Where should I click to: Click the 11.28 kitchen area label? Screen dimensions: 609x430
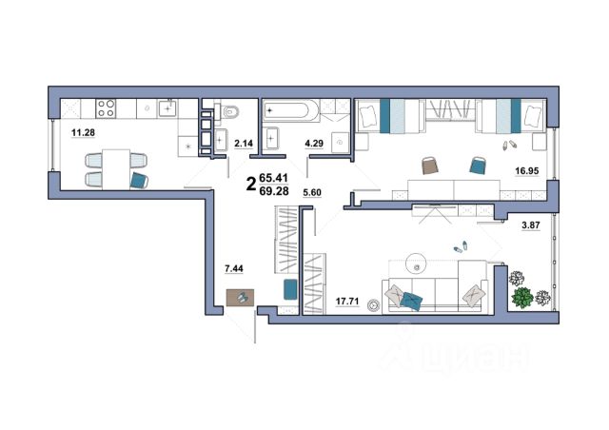pos(83,133)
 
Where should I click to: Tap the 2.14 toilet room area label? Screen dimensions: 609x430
pos(244,144)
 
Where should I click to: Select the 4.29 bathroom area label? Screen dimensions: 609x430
pos(314,144)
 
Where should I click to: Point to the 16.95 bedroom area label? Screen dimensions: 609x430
pos(526,170)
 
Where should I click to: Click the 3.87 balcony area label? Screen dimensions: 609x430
pos(531,225)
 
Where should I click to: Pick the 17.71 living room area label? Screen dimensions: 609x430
pos(347,301)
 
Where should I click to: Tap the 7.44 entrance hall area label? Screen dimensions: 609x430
pos(234,268)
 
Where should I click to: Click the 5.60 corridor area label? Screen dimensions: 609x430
pos(312,192)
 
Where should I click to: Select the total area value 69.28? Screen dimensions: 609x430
pos(274,191)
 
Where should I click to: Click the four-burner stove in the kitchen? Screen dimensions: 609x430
pos(106,108)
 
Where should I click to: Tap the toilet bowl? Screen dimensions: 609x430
pos(229,112)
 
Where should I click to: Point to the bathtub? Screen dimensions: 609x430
pos(286,110)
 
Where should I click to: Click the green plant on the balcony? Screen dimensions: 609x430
pos(522,298)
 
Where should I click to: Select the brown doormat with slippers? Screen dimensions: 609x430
pos(240,298)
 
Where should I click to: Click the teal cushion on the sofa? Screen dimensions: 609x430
pos(412,301)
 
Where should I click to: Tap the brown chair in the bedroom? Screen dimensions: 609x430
pos(430,165)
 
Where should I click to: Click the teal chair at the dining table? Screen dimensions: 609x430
pos(139,180)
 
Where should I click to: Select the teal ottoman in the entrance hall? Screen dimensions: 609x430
pos(290,289)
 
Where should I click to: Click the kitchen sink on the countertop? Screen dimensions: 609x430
pos(167,108)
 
